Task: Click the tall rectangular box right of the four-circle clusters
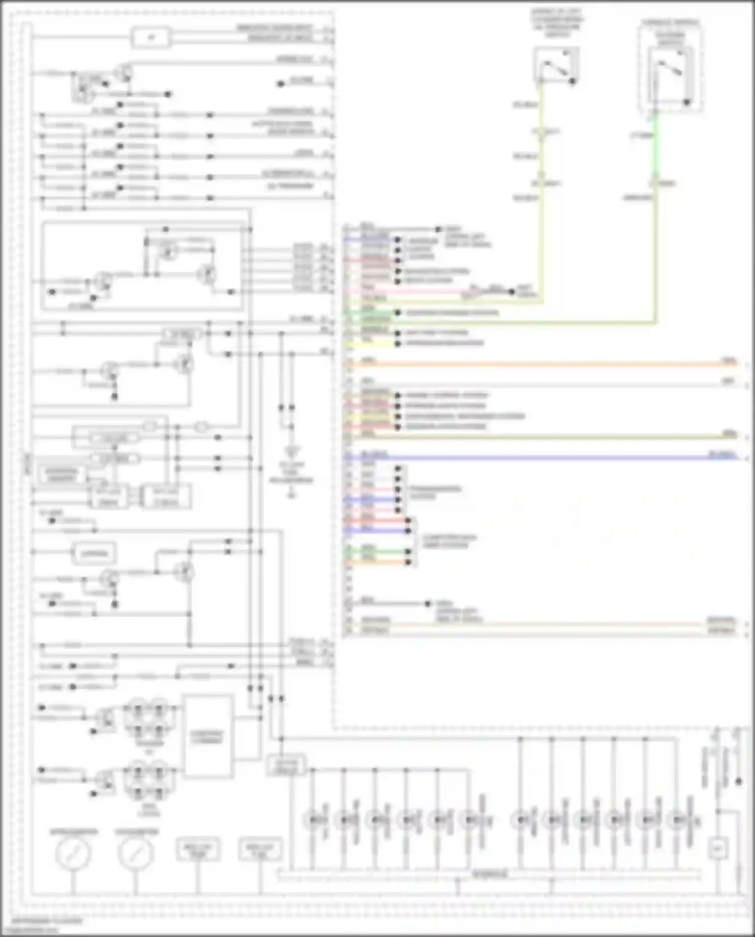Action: pyautogui.click(x=208, y=737)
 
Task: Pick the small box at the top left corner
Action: pyautogui.click(x=151, y=38)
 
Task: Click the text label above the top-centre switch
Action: pyautogui.click(x=557, y=23)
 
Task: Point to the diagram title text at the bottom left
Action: pyautogui.click(x=46, y=921)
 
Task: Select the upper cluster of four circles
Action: pyautogui.click(x=149, y=718)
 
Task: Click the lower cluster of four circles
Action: pyautogui.click(x=149, y=780)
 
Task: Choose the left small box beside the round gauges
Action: pyautogui.click(x=197, y=849)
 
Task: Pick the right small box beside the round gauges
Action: pyautogui.click(x=260, y=849)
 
